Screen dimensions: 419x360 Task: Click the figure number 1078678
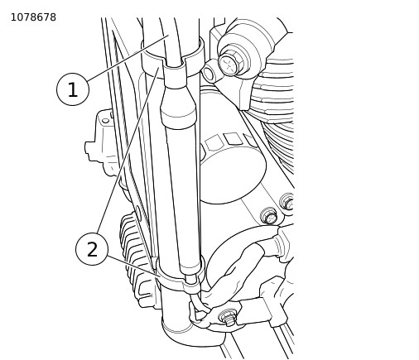(33, 17)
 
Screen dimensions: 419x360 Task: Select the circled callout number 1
(73, 89)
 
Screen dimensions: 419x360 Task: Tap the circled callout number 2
(92, 249)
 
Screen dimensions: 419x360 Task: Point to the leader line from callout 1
(128, 58)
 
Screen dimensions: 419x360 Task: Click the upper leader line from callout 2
(128, 151)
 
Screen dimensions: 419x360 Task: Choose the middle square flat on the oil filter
(232, 139)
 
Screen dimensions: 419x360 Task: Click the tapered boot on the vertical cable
(177, 107)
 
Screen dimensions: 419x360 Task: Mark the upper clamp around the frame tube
(171, 59)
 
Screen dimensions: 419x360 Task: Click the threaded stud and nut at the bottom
(228, 318)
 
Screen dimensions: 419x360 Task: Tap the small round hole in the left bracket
(106, 121)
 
